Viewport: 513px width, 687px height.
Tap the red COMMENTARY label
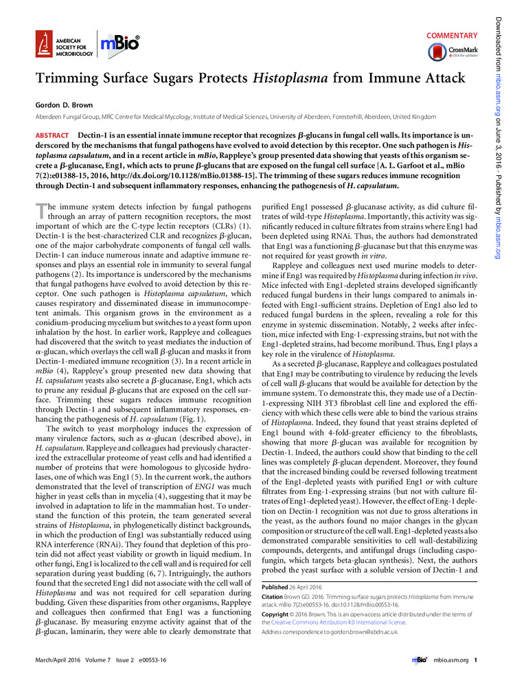click(451, 35)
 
